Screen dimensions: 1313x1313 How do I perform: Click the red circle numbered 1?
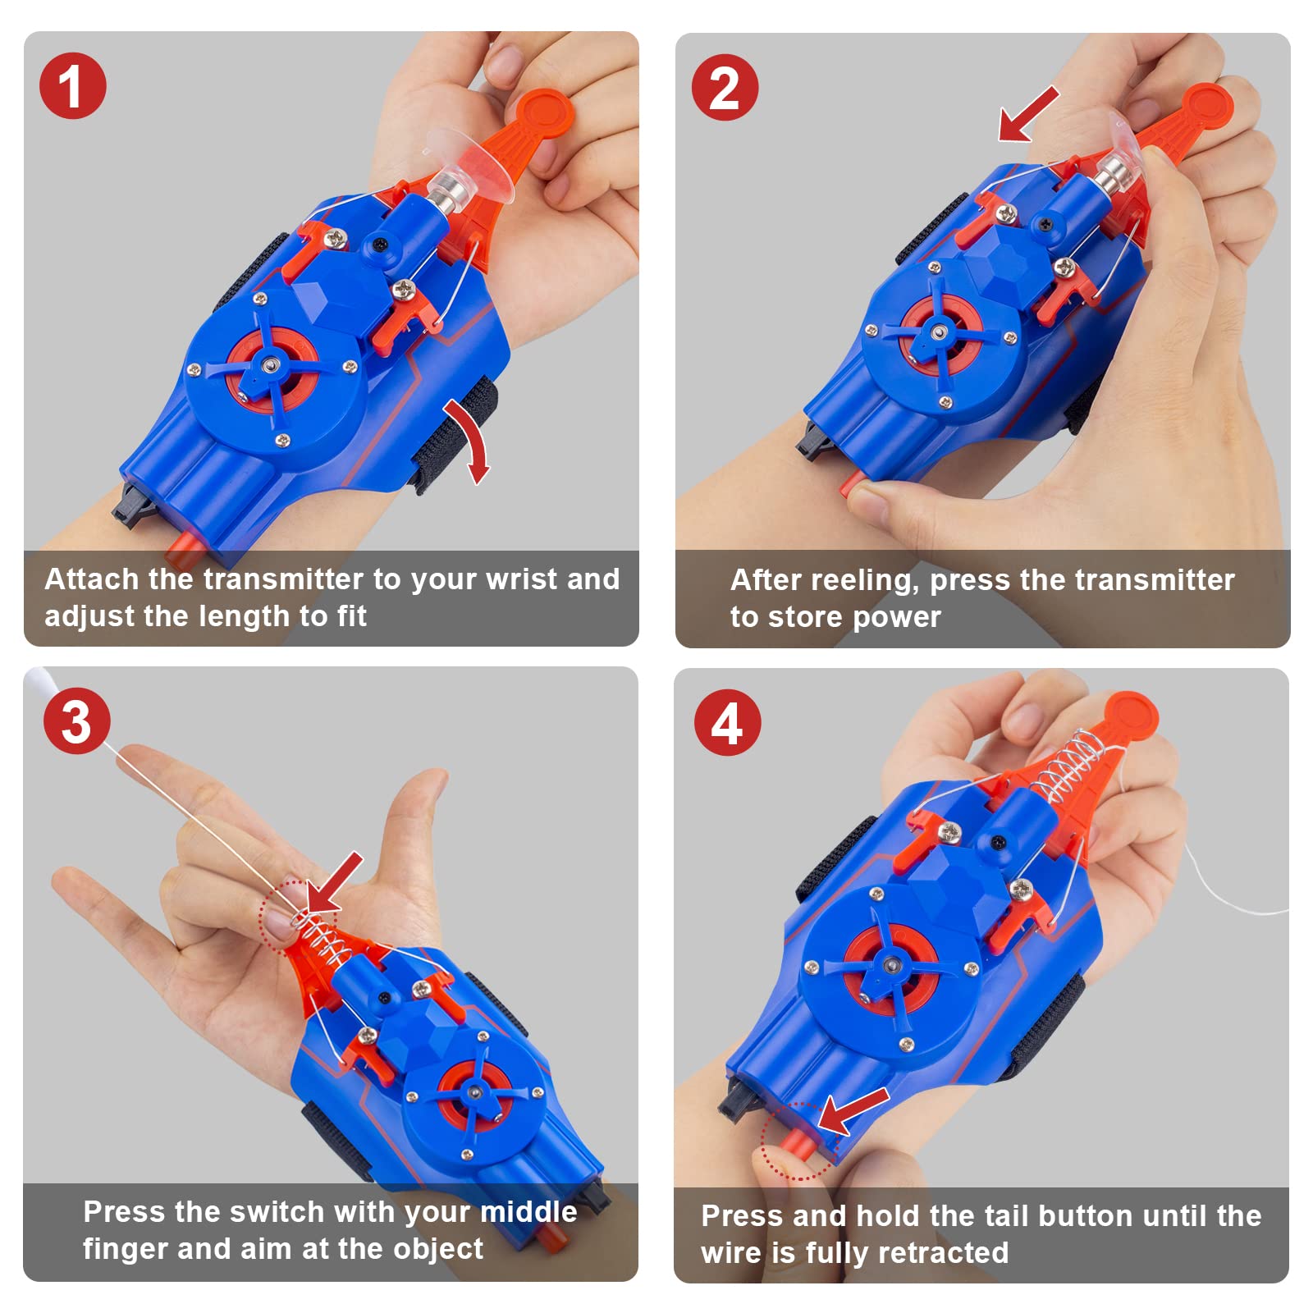[72, 86]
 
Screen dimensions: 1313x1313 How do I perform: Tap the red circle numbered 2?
[724, 88]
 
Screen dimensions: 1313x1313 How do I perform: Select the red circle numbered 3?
[76, 721]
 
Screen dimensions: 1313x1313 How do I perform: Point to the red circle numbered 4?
[727, 723]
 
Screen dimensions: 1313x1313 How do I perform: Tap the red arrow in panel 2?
[1027, 115]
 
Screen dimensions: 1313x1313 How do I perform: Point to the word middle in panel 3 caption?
[528, 1212]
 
